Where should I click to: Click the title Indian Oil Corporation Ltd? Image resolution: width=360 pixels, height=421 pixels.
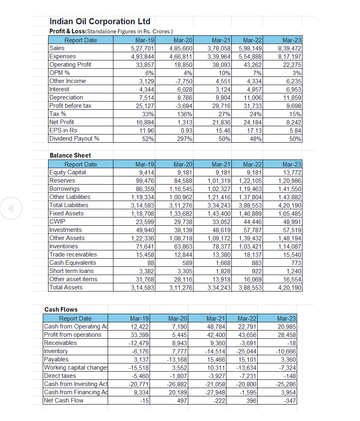point(100,21)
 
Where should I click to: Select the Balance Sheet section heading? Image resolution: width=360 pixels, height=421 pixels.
point(70,155)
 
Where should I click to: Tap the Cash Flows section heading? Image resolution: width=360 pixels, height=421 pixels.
point(61,310)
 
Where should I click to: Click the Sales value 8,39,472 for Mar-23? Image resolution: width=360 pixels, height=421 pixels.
point(290,48)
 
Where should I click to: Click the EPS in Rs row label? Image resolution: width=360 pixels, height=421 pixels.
point(63,130)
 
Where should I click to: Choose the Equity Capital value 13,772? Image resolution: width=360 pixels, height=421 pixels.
point(290,172)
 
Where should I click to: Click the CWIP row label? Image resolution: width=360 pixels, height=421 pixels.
point(58,222)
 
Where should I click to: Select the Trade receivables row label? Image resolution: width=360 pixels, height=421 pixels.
point(73,254)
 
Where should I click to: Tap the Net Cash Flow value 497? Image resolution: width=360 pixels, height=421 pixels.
point(181,400)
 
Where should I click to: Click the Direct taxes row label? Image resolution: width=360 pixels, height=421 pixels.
point(60,376)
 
